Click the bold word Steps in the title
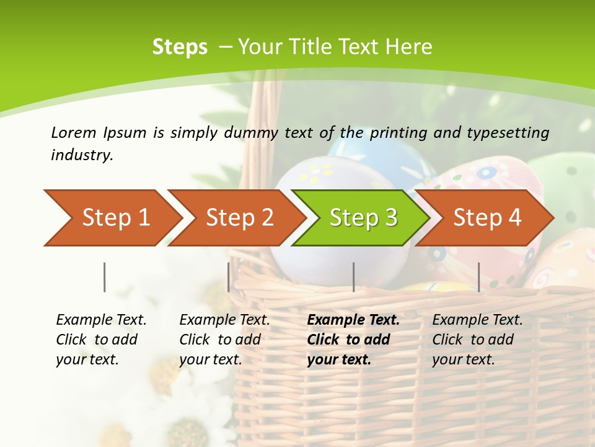180,47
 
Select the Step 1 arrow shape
112,217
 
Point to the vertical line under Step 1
104,277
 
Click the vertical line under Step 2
229,277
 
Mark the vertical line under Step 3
353,277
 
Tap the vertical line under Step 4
478,277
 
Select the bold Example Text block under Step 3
353,340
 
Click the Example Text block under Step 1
101,340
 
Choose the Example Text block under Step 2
224,340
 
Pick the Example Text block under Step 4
477,340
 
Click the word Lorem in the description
74,132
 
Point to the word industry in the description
82,155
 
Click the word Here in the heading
408,47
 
